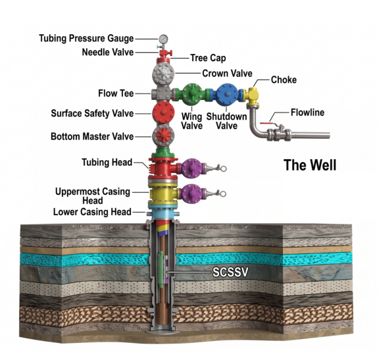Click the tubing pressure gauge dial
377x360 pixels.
[x=163, y=39]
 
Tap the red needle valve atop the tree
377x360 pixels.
[x=164, y=52]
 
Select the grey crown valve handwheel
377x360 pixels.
[x=163, y=73]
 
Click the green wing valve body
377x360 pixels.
[x=192, y=95]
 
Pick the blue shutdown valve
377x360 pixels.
[x=226, y=95]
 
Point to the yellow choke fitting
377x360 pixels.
[x=253, y=94]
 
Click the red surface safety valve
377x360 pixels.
[x=163, y=113]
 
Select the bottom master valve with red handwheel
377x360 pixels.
[x=163, y=136]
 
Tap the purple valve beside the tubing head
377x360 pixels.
[x=191, y=168]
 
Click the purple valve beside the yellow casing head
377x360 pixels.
[x=191, y=194]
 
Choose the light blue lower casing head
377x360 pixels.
[x=163, y=213]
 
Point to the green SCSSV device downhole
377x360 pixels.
[x=161, y=269]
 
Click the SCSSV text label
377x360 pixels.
[x=230, y=272]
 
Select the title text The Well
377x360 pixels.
[x=310, y=165]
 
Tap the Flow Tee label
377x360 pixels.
[x=116, y=93]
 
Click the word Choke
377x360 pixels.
[x=284, y=80]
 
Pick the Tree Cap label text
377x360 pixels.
[x=208, y=58]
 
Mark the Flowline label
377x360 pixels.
[x=307, y=113]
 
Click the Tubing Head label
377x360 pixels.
[x=107, y=163]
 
